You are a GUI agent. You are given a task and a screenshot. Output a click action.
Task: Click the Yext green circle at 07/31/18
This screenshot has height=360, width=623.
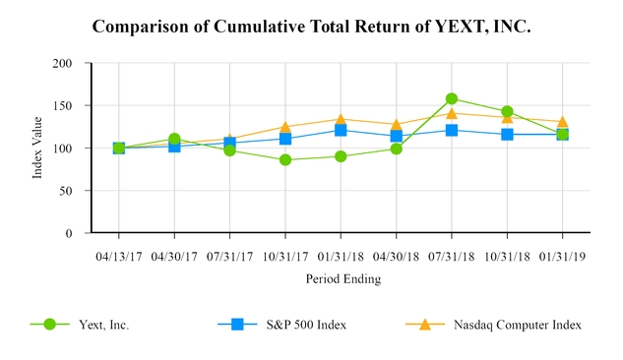[452, 98]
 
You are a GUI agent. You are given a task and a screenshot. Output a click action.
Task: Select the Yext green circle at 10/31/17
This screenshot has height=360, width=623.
[285, 159]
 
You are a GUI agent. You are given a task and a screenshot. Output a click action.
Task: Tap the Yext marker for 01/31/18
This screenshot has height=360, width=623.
[341, 156]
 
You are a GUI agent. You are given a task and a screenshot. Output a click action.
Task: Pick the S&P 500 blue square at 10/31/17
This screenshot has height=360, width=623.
[285, 139]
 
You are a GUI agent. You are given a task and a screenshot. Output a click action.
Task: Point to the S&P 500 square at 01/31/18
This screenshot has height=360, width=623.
[341, 130]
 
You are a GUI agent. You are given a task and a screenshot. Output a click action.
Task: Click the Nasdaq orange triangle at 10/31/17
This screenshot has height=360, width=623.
[285, 127]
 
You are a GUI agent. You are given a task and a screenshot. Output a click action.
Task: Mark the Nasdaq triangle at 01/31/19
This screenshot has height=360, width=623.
[563, 122]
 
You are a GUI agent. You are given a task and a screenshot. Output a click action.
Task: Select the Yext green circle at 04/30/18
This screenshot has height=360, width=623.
[397, 149]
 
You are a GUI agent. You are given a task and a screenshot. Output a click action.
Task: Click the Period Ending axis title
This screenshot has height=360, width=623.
[341, 278]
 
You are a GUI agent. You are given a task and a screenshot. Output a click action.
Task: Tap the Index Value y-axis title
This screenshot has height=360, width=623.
[38, 149]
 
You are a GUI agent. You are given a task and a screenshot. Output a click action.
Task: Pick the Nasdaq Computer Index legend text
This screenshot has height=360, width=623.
[517, 324]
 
